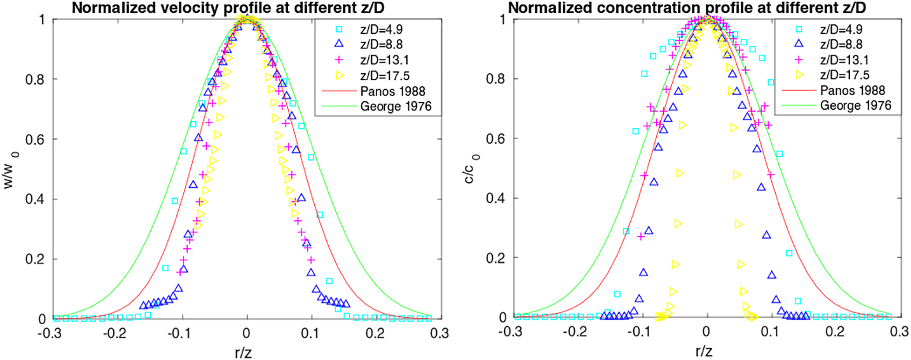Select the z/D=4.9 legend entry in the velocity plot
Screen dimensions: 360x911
(x=381, y=30)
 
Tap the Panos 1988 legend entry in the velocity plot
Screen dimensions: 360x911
(x=392, y=91)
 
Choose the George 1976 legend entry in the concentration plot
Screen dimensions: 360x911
(x=855, y=106)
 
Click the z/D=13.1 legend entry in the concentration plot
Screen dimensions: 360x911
(x=844, y=60)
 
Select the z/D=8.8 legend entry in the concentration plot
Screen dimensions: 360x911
(x=841, y=45)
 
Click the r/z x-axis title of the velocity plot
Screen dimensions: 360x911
(x=243, y=352)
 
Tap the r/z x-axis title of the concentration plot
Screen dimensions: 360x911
(x=704, y=351)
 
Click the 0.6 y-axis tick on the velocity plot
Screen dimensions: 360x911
(x=35, y=139)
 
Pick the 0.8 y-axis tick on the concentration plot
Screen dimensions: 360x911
(x=496, y=79)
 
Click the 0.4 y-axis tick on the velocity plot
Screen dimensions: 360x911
(x=35, y=199)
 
